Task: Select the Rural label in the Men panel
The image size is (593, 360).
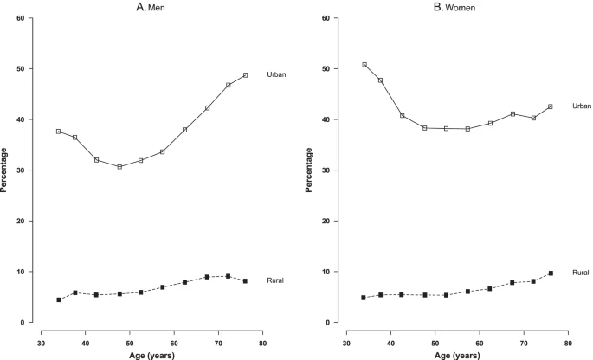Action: pyautogui.click(x=275, y=280)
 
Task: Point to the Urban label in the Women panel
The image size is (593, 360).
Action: pyautogui.click(x=581, y=106)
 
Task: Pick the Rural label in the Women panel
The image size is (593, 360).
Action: pyautogui.click(x=581, y=273)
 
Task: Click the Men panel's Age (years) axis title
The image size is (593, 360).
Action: pyautogui.click(x=151, y=354)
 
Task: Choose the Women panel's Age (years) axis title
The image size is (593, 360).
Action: pyautogui.click(x=458, y=354)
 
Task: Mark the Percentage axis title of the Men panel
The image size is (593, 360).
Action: pyautogui.click(x=7, y=170)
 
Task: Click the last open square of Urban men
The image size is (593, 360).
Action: pyautogui.click(x=246, y=75)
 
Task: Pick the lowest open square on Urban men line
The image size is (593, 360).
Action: pyautogui.click(x=119, y=167)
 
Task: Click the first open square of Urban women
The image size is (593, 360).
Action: pyautogui.click(x=364, y=65)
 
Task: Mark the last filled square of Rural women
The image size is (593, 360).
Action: pyautogui.click(x=551, y=273)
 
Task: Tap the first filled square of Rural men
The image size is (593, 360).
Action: pyautogui.click(x=59, y=299)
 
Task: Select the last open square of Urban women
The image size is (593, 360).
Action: pyautogui.click(x=551, y=106)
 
